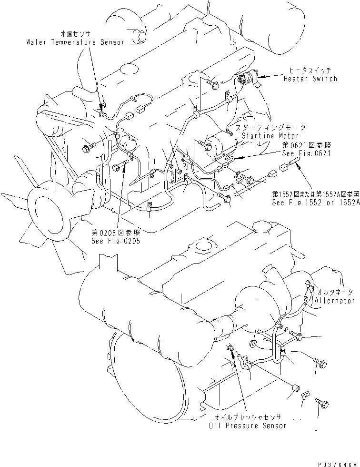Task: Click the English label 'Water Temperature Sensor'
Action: point(75,42)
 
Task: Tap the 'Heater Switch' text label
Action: point(310,79)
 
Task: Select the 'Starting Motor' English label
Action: point(266,136)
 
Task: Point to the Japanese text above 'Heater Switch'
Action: point(310,71)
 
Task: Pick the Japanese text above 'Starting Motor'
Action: point(273,128)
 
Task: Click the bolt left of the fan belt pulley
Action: point(89,149)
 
